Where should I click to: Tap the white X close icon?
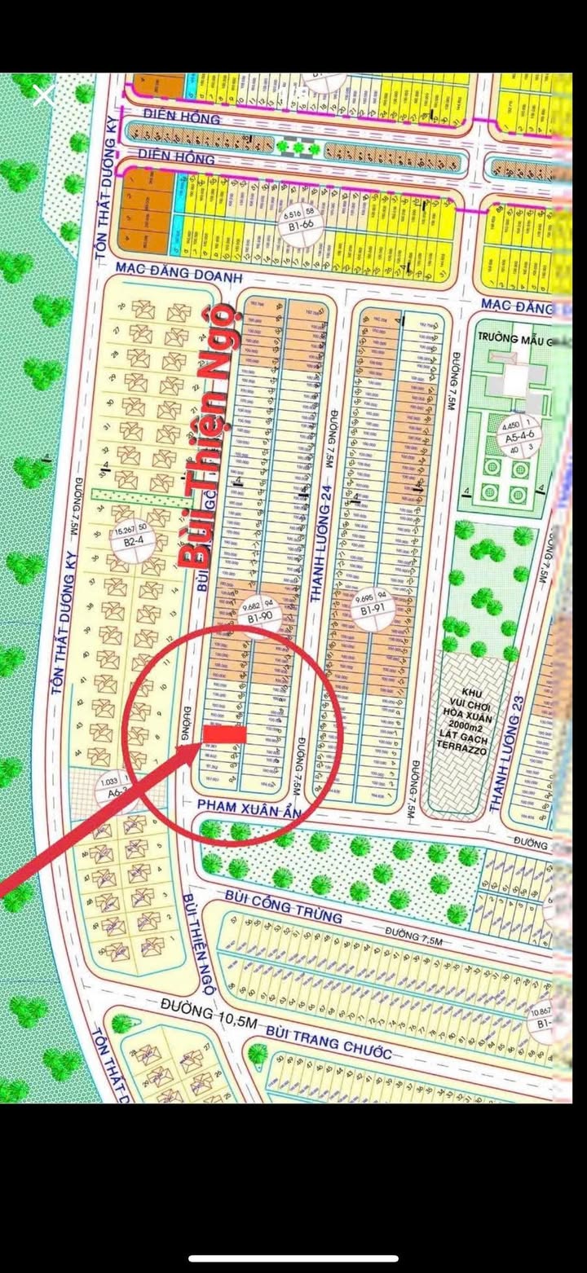click(43, 96)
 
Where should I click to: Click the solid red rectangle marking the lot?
click(224, 735)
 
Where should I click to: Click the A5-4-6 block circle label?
click(519, 437)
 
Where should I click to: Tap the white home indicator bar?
click(293, 1258)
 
